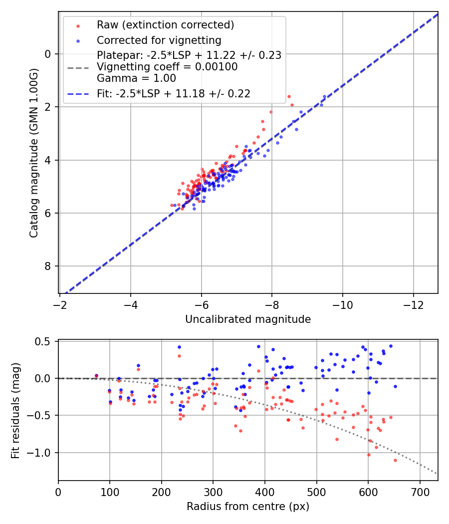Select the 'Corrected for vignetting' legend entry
(159, 40)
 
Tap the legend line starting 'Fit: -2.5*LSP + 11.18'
(174, 93)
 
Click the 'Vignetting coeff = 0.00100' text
(167, 67)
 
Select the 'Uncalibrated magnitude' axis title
(248, 319)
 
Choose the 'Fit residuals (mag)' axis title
(15, 410)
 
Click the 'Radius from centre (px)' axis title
(248, 507)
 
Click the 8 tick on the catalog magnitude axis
(48, 266)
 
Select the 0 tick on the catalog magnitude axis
(48, 54)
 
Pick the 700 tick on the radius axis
(420, 492)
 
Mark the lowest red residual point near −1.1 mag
(395, 460)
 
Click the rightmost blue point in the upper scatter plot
(324, 96)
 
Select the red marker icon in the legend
(77, 25)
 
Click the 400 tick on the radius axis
(265, 492)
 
